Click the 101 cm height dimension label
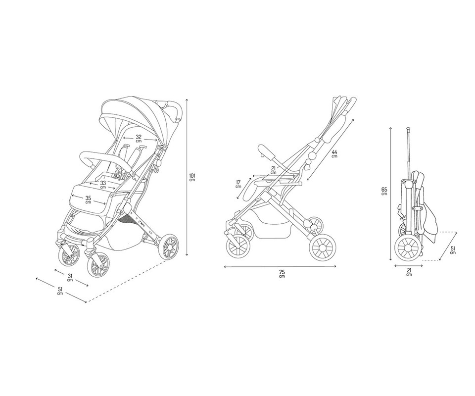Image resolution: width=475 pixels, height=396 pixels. [x=192, y=177]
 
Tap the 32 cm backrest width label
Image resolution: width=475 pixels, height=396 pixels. [x=139, y=139]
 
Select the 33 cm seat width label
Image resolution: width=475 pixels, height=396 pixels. [x=103, y=185]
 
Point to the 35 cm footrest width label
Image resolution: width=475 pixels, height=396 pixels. [x=88, y=199]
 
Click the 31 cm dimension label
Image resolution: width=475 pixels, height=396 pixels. [x=70, y=278]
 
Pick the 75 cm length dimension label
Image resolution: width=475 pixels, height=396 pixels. [x=282, y=274]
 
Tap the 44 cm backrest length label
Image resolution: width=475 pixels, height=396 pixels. [x=334, y=153]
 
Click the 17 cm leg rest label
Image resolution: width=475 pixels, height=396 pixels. [x=238, y=184]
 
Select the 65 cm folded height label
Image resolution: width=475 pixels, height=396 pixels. [x=384, y=192]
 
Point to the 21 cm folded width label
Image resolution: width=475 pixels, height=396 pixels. [x=409, y=272]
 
